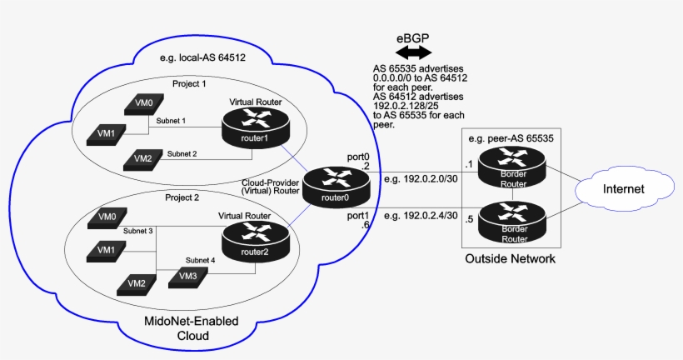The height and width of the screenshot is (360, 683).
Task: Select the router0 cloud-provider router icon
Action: pyautogui.click(x=336, y=187)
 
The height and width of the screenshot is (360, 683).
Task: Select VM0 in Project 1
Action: pyautogui.click(x=144, y=104)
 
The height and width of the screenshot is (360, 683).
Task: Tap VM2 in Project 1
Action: pyautogui.click(x=143, y=158)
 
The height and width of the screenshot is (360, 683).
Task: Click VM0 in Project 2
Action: pyautogui.click(x=106, y=217)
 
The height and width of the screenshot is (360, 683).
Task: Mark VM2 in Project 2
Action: pyautogui.click(x=137, y=283)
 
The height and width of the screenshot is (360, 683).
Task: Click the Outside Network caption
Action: pyautogui.click(x=510, y=259)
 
